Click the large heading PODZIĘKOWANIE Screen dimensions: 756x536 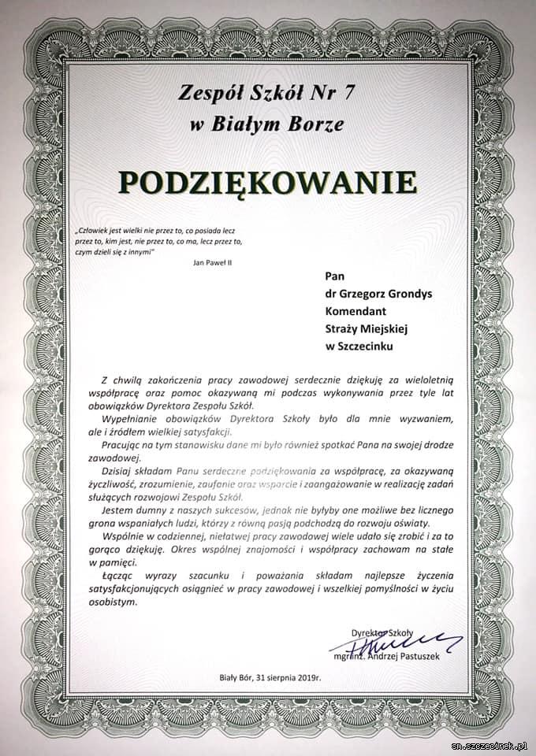coord(268,180)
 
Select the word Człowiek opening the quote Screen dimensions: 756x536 coord(93,232)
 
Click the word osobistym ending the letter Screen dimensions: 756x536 coord(113,602)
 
